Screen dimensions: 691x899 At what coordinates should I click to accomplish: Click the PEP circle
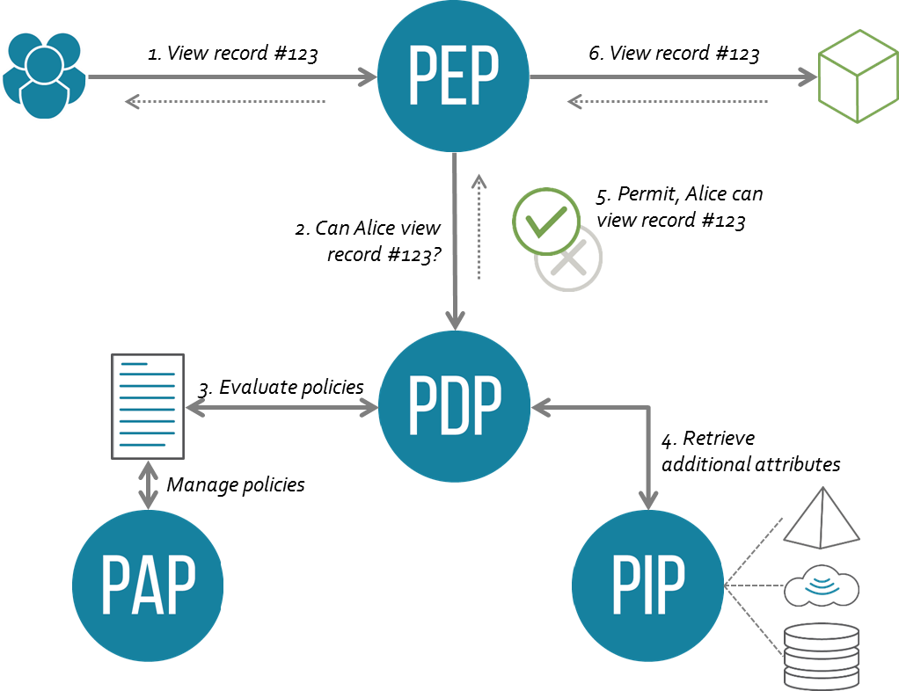point(453,77)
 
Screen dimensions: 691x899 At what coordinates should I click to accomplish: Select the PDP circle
point(454,406)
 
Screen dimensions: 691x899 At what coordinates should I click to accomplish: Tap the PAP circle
point(148,585)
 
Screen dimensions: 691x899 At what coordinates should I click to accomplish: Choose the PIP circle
point(647,585)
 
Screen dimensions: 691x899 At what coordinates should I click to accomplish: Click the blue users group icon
point(44,75)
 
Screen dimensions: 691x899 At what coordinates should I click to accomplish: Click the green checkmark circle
point(546,221)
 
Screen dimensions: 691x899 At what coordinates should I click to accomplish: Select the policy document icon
point(148,406)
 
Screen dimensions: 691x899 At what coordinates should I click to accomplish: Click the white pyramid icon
point(821,518)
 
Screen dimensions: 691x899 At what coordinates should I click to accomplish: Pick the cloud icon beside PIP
point(821,585)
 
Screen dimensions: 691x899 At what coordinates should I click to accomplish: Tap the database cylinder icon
point(821,655)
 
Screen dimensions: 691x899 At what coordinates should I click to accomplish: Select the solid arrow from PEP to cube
point(673,77)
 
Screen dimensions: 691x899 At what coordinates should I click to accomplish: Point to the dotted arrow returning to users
point(225,102)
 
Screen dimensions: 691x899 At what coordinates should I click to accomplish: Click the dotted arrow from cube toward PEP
point(669,102)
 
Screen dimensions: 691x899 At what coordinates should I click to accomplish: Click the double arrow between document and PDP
point(281,407)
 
